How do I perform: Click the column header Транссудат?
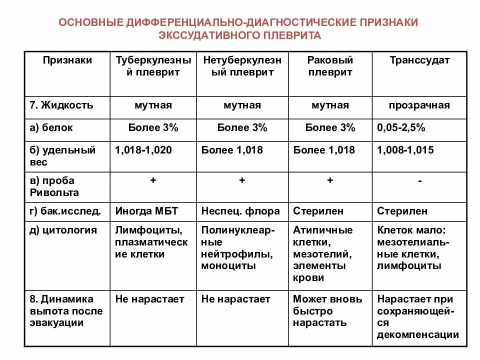(419, 60)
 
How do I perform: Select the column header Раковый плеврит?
(330, 66)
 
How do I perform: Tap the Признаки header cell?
(67, 60)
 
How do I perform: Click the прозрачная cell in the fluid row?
(419, 105)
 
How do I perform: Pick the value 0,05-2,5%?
(401, 128)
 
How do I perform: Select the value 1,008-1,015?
(405, 150)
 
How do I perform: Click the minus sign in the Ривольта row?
(419, 181)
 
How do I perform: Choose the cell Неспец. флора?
(240, 211)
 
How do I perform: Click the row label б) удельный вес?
(62, 156)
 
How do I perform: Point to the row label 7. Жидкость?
(61, 105)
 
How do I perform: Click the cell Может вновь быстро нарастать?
(327, 311)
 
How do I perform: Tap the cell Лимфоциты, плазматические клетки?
(151, 242)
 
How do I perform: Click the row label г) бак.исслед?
(65, 211)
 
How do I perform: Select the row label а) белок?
(51, 128)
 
